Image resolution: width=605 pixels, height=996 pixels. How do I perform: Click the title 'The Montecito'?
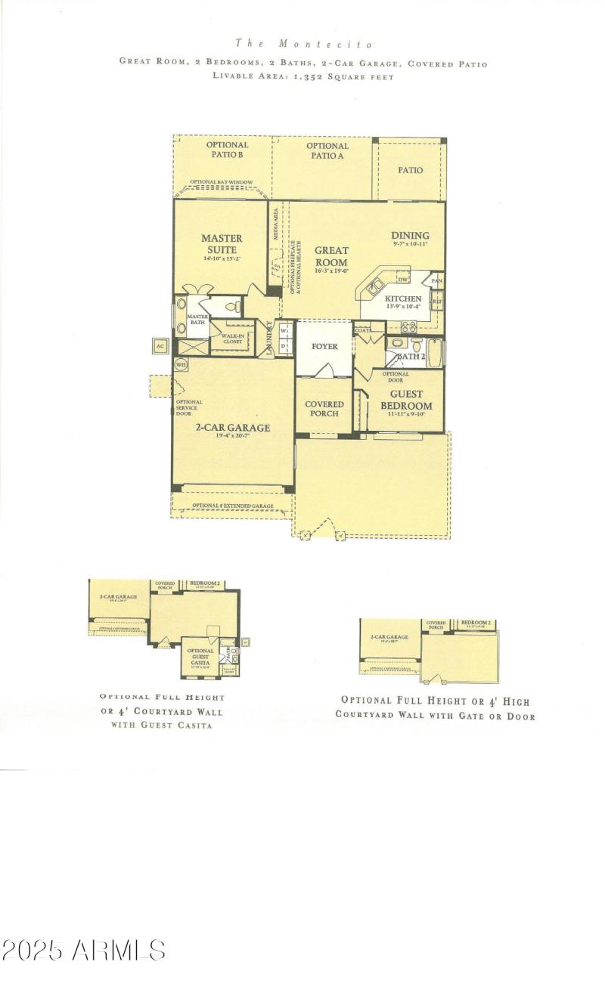(303, 44)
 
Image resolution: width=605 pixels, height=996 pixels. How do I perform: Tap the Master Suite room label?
(222, 244)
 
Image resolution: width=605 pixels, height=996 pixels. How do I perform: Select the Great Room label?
(331, 256)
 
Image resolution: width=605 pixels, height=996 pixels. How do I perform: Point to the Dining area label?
(410, 236)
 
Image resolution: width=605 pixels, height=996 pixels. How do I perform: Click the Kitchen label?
(402, 299)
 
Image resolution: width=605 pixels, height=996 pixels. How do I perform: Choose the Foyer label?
(324, 347)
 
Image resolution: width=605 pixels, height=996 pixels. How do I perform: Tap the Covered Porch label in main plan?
(324, 409)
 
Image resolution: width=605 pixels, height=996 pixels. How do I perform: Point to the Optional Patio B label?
(226, 150)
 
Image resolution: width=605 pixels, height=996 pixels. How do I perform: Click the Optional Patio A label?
(327, 150)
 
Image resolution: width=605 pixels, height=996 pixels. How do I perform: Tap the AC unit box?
(160, 346)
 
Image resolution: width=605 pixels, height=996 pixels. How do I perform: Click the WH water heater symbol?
(181, 364)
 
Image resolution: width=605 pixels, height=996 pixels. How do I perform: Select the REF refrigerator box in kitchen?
(437, 301)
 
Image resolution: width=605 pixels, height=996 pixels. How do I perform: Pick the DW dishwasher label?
(402, 279)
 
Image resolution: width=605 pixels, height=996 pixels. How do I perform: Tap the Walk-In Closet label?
(232, 338)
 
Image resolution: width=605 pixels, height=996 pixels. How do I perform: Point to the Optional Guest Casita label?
(200, 656)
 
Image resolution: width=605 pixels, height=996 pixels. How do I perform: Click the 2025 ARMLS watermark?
(83, 950)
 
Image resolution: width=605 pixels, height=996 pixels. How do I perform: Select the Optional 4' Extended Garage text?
(232, 506)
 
